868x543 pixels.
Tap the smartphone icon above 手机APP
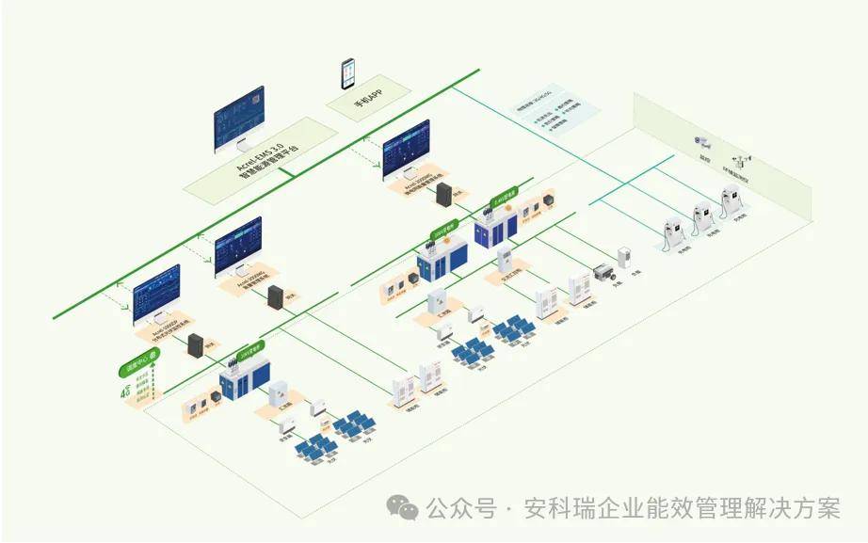pyautogui.click(x=348, y=73)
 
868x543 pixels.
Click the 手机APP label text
pyautogui.click(x=368, y=99)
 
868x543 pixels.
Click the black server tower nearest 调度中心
pyautogui.click(x=197, y=345)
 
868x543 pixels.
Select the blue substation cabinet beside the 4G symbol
pyautogui.click(x=241, y=381)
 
